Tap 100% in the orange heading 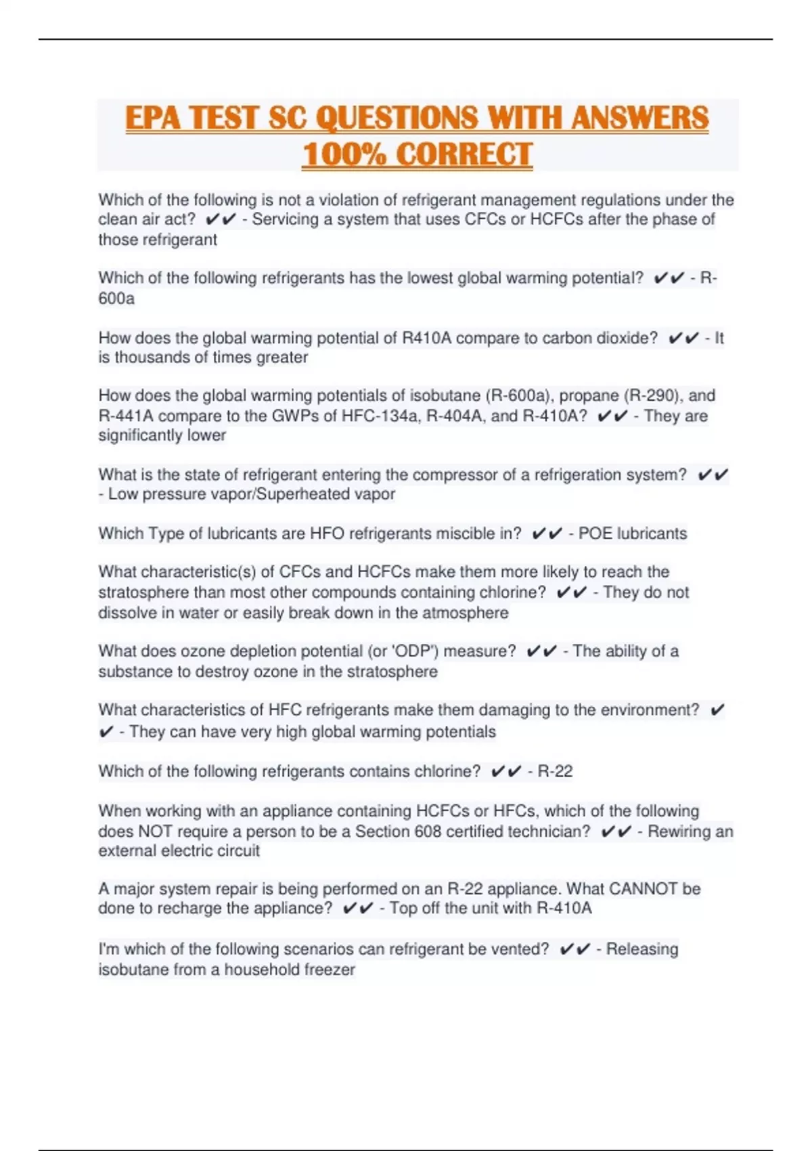(x=342, y=154)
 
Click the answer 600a (x=116, y=299)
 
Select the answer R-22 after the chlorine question (x=555, y=771)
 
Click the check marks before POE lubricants (x=547, y=534)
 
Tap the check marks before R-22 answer (x=506, y=771)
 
